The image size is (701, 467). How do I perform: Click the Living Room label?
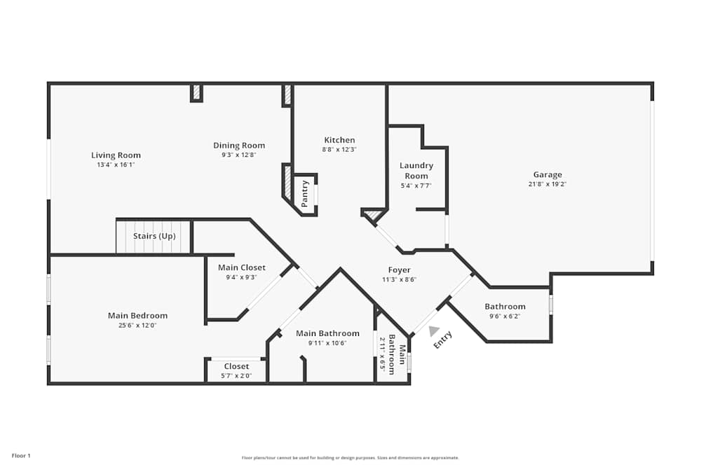pyautogui.click(x=116, y=155)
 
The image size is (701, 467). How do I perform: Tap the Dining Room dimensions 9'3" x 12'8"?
pyautogui.click(x=239, y=155)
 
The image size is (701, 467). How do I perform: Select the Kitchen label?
pyautogui.click(x=339, y=140)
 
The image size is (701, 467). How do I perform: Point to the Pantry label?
pyautogui.click(x=305, y=194)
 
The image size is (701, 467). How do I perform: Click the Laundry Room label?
pyautogui.click(x=416, y=171)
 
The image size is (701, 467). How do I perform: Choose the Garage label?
pyautogui.click(x=547, y=175)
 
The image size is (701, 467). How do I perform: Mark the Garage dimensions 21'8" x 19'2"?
pyautogui.click(x=547, y=185)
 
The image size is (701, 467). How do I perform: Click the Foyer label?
pyautogui.click(x=400, y=270)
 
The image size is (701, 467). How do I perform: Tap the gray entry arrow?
pyautogui.click(x=434, y=331)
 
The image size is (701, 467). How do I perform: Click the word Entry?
pyautogui.click(x=443, y=340)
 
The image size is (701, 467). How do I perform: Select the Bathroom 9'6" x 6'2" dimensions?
pyautogui.click(x=505, y=316)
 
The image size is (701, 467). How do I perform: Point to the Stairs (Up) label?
pyautogui.click(x=154, y=236)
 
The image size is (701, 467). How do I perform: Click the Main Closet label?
pyautogui.click(x=242, y=267)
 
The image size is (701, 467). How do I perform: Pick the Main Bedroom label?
pyautogui.click(x=137, y=316)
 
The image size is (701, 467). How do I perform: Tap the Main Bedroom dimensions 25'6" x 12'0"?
pyautogui.click(x=137, y=326)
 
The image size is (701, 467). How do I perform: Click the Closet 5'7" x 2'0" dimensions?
pyautogui.click(x=236, y=376)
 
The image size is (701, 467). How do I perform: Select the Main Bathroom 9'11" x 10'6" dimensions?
pyautogui.click(x=327, y=343)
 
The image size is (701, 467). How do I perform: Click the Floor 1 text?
pyautogui.click(x=21, y=456)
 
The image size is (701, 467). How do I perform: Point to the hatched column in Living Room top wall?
pyautogui.click(x=196, y=92)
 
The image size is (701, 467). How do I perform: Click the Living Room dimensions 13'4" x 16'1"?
pyautogui.click(x=116, y=165)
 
